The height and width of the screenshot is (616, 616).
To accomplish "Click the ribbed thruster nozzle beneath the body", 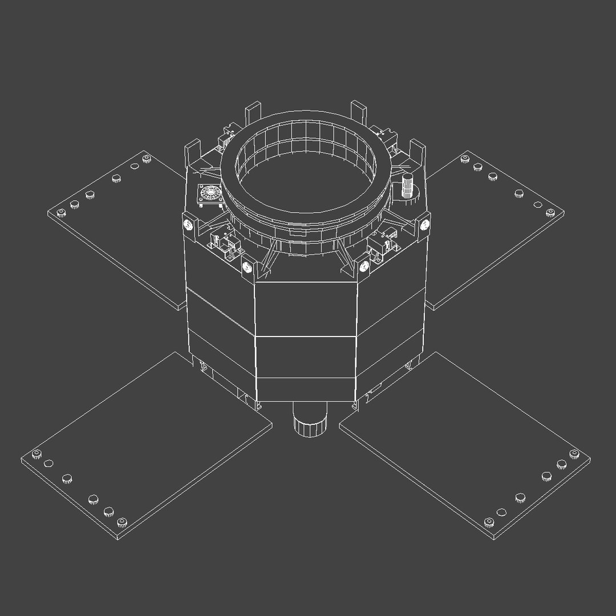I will coord(309,423).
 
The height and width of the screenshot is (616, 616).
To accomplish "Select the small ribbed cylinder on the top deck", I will coord(407,186).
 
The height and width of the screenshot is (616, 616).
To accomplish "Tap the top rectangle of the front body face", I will coord(306,307).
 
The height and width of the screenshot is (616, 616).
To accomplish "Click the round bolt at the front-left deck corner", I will coord(248,267).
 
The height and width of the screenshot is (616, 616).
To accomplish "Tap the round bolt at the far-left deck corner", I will coord(188,224).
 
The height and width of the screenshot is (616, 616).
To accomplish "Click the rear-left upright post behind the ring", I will coord(252,114).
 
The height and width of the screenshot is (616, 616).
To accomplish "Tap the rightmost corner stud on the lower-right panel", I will coord(574,454).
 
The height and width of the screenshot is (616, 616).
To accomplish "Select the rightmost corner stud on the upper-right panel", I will coord(550,212).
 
